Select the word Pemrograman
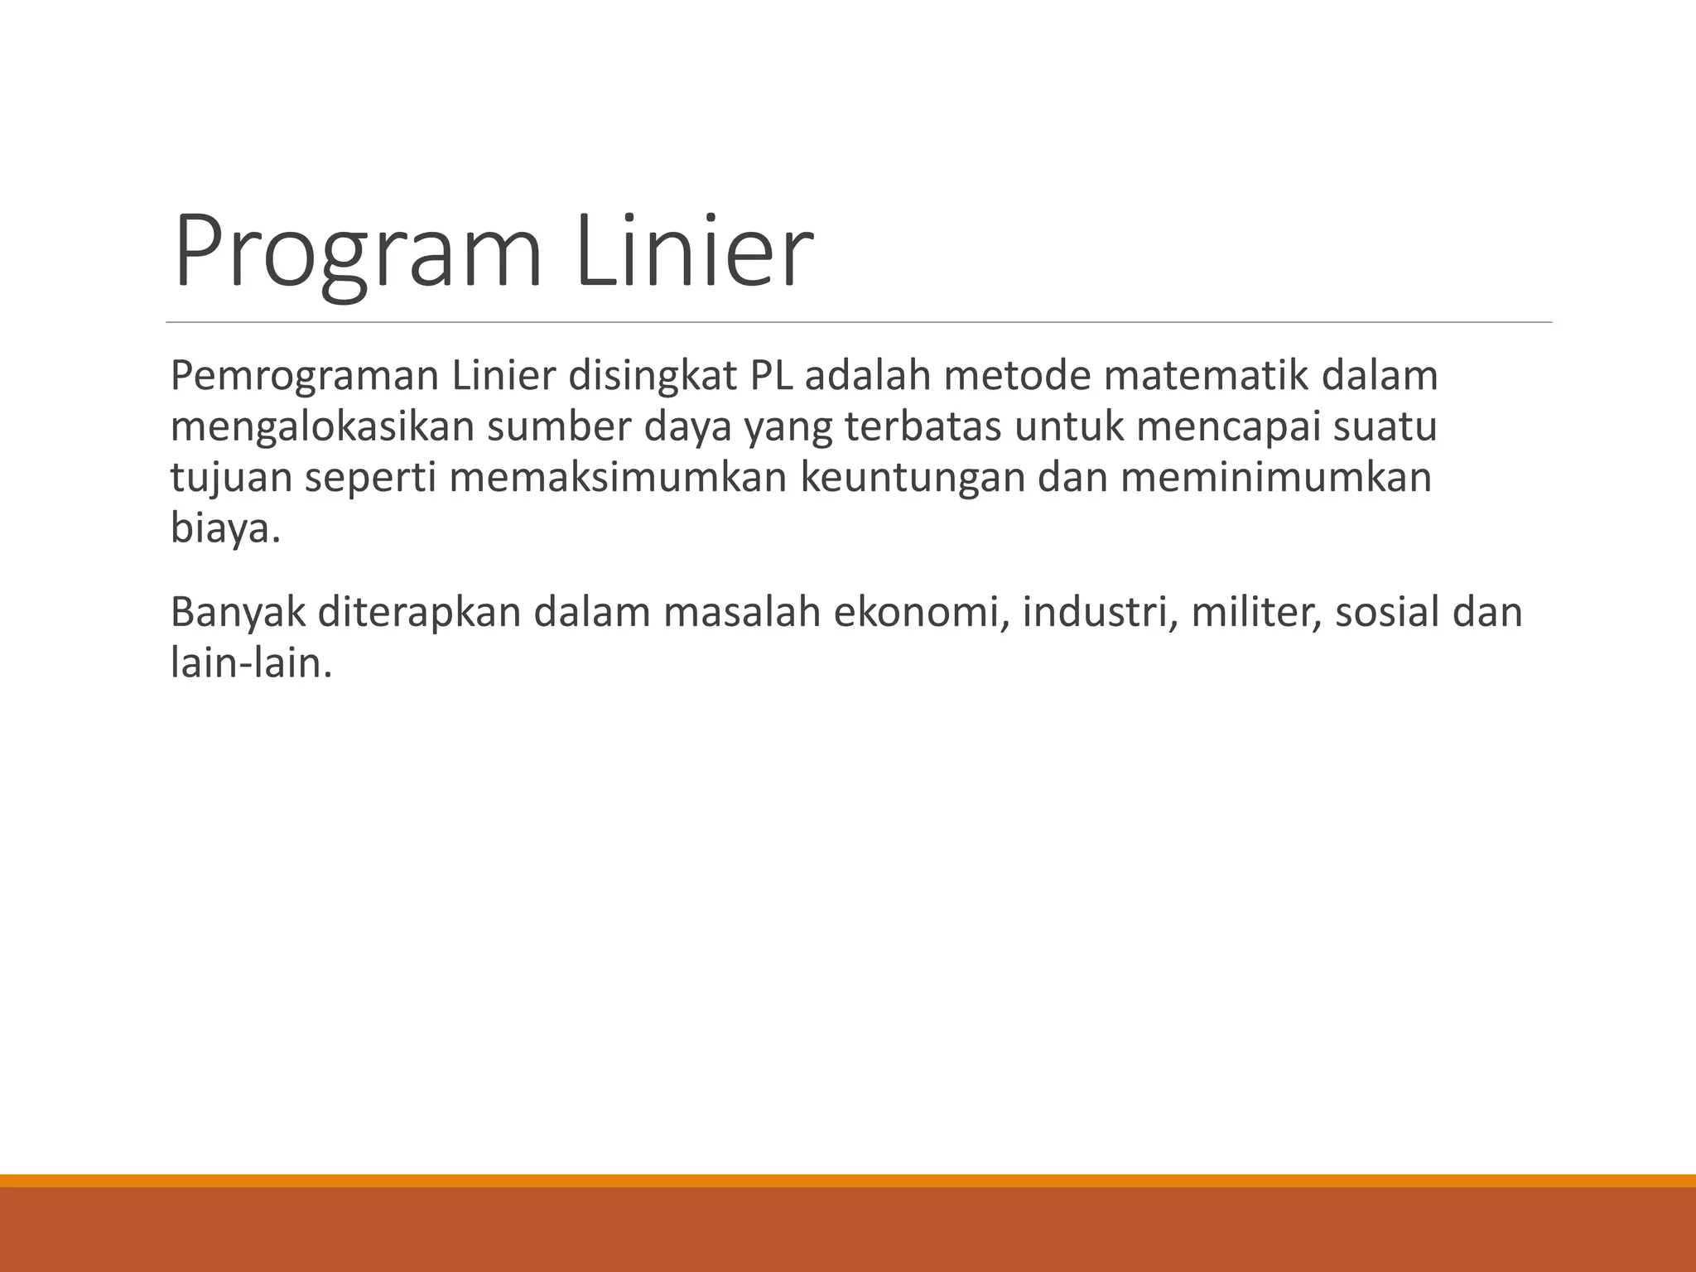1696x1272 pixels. [x=304, y=377]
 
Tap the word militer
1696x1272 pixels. [x=1255, y=613]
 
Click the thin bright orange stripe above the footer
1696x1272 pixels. [x=848, y=1180]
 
